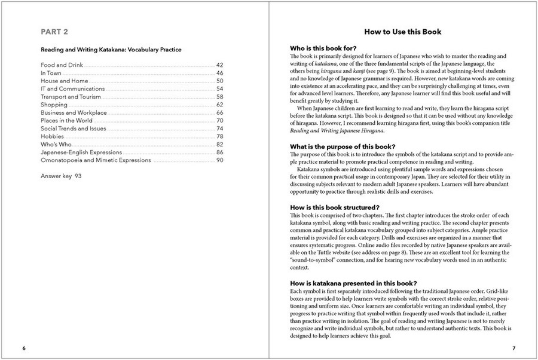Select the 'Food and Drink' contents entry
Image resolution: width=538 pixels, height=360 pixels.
tap(62, 65)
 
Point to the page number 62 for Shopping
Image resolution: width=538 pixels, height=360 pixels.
tap(219, 105)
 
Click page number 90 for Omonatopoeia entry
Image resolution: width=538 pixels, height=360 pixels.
tap(219, 160)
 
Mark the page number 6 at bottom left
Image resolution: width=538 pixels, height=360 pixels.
tap(24, 347)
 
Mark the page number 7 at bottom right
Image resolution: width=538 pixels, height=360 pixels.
tap(513, 347)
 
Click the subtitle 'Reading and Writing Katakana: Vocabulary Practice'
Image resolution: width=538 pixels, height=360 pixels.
tap(111, 50)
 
